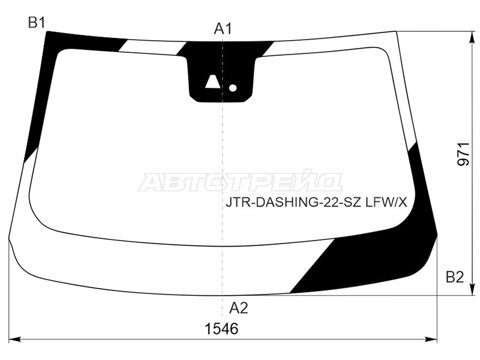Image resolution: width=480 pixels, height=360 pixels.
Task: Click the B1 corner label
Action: click(x=37, y=22)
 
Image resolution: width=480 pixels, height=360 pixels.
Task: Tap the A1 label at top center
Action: click(x=223, y=29)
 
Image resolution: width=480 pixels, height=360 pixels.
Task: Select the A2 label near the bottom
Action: click(x=238, y=308)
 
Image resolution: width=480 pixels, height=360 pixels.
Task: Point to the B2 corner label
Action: click(x=455, y=277)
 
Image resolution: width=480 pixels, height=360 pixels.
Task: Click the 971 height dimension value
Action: click(x=463, y=154)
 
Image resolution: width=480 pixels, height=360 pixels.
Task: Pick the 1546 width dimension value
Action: click(x=221, y=329)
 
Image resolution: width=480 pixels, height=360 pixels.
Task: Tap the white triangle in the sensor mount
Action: click(x=212, y=82)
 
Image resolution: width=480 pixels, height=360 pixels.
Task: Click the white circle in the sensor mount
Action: click(x=233, y=88)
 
